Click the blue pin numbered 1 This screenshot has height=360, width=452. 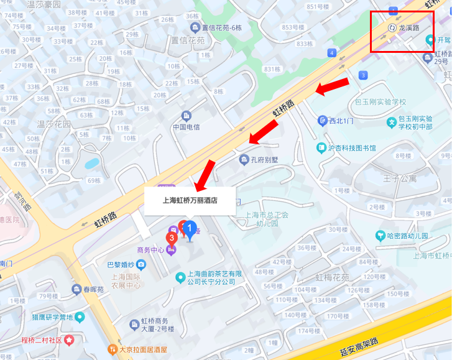(x=190, y=229)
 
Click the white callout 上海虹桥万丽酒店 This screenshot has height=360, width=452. (x=190, y=200)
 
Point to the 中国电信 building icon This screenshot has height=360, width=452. (x=186, y=116)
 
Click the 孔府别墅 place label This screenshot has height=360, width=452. (x=262, y=160)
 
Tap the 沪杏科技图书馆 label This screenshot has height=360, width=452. (x=351, y=148)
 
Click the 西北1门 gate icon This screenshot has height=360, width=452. (x=322, y=121)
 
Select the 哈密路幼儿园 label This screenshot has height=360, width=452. (x=407, y=236)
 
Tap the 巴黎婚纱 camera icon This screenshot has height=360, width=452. (x=142, y=265)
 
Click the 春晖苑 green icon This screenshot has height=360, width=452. (x=78, y=289)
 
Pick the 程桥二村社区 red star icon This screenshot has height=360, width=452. (x=70, y=340)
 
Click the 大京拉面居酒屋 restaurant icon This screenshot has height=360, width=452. (x=112, y=349)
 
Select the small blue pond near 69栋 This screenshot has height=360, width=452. (x=92, y=164)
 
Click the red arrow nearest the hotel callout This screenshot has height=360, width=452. (x=205, y=175)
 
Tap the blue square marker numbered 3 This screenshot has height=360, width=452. (x=363, y=76)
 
